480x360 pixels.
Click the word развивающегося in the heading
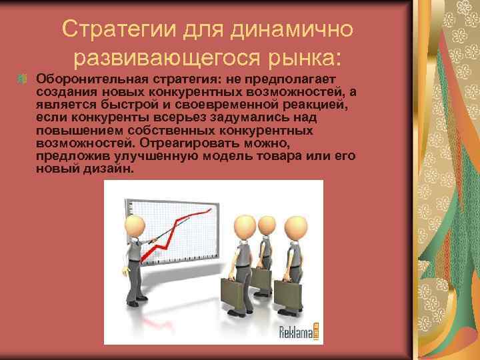tap(171, 59)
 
